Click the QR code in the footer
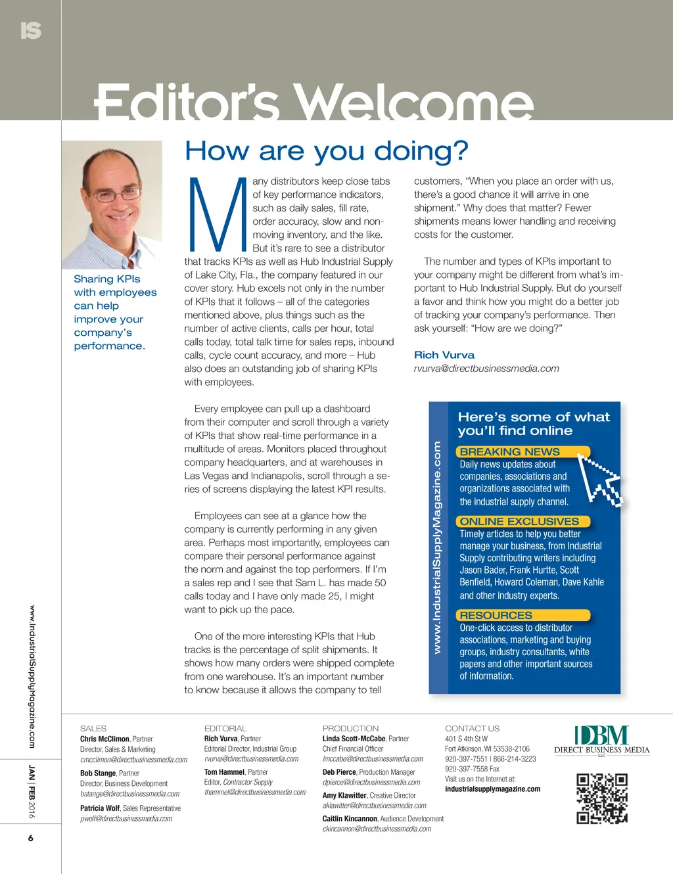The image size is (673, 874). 602,798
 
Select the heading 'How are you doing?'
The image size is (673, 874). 326,151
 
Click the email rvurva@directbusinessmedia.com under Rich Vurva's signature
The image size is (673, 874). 486,369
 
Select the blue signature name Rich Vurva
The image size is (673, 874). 444,355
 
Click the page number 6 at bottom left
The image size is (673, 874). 30,838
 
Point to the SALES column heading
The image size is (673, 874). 93,728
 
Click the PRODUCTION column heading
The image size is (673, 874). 350,728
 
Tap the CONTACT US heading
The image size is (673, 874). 472,728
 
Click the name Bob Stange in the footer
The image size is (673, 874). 98,773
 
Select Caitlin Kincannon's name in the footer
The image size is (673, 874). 350,819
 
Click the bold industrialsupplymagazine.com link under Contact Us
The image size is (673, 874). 492,789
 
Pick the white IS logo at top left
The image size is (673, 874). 31,30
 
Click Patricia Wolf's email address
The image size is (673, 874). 126,819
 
